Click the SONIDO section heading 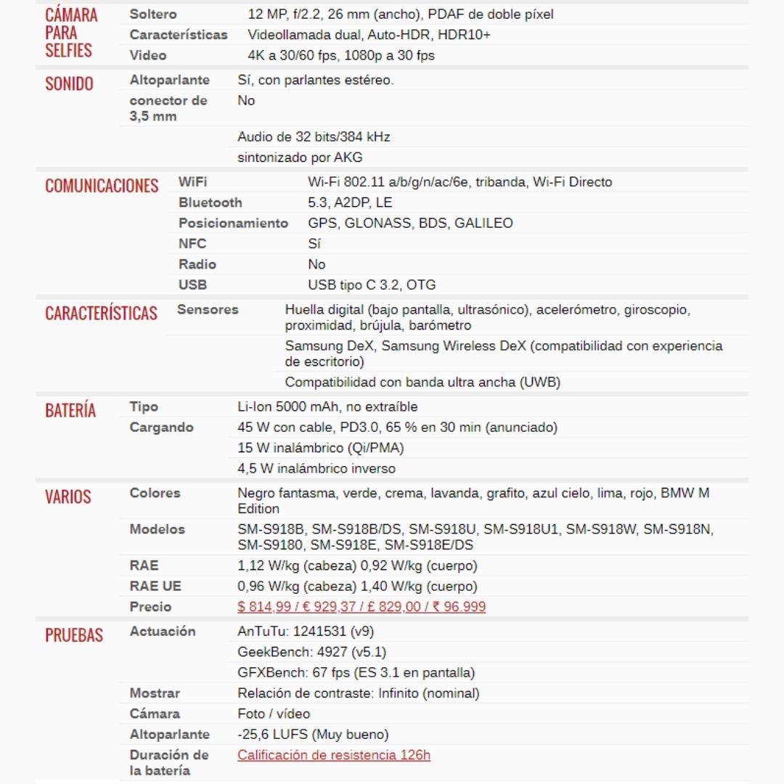pyautogui.click(x=69, y=83)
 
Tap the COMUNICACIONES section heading pyautogui.click(x=102, y=186)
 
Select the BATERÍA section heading pyautogui.click(x=70, y=411)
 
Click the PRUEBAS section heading pyautogui.click(x=74, y=635)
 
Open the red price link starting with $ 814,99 pyautogui.click(x=362, y=607)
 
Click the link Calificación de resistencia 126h pyautogui.click(x=334, y=755)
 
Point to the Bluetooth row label pyautogui.click(x=211, y=203)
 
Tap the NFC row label pyautogui.click(x=192, y=244)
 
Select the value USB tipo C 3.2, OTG pyautogui.click(x=372, y=285)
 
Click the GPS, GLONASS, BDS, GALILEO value pyautogui.click(x=410, y=223)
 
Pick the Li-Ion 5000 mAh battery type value pyautogui.click(x=327, y=407)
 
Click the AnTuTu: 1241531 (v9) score pyautogui.click(x=306, y=632)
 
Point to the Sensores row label pyautogui.click(x=208, y=309)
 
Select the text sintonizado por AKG pyautogui.click(x=300, y=158)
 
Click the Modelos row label pyautogui.click(x=158, y=529)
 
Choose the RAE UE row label pyautogui.click(x=155, y=586)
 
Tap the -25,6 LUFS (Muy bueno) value pyautogui.click(x=313, y=734)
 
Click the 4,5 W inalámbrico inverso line pyautogui.click(x=317, y=468)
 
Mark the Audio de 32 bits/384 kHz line pyautogui.click(x=314, y=136)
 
